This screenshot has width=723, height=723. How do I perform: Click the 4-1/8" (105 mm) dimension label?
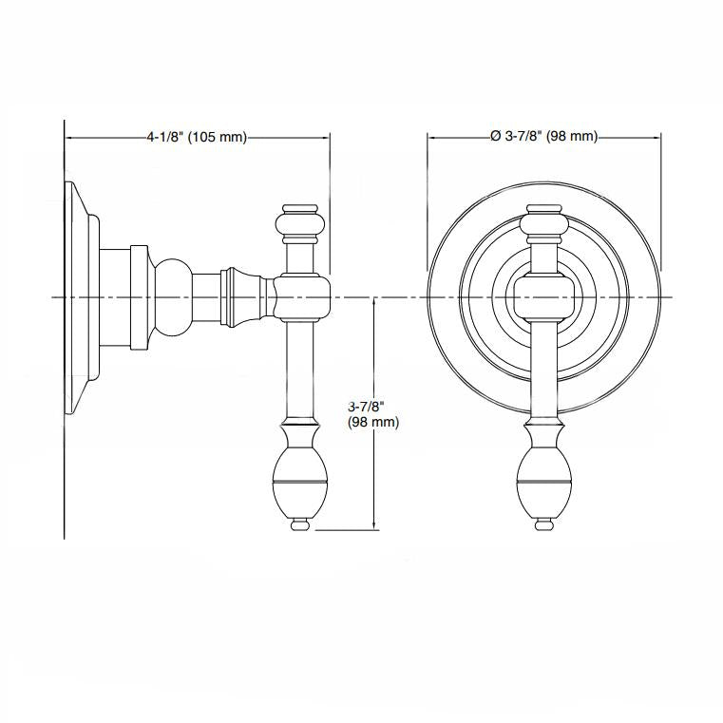pos(197,137)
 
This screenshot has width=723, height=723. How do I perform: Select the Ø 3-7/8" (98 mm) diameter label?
pos(544,137)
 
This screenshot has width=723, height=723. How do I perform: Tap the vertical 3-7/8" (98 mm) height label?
pos(373,414)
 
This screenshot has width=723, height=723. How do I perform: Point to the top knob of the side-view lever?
pos(300,223)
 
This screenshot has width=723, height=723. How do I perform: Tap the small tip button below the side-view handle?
pos(300,524)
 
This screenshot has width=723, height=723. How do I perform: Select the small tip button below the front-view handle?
pos(544,524)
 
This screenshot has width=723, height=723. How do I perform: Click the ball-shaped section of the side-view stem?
pos(173,297)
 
